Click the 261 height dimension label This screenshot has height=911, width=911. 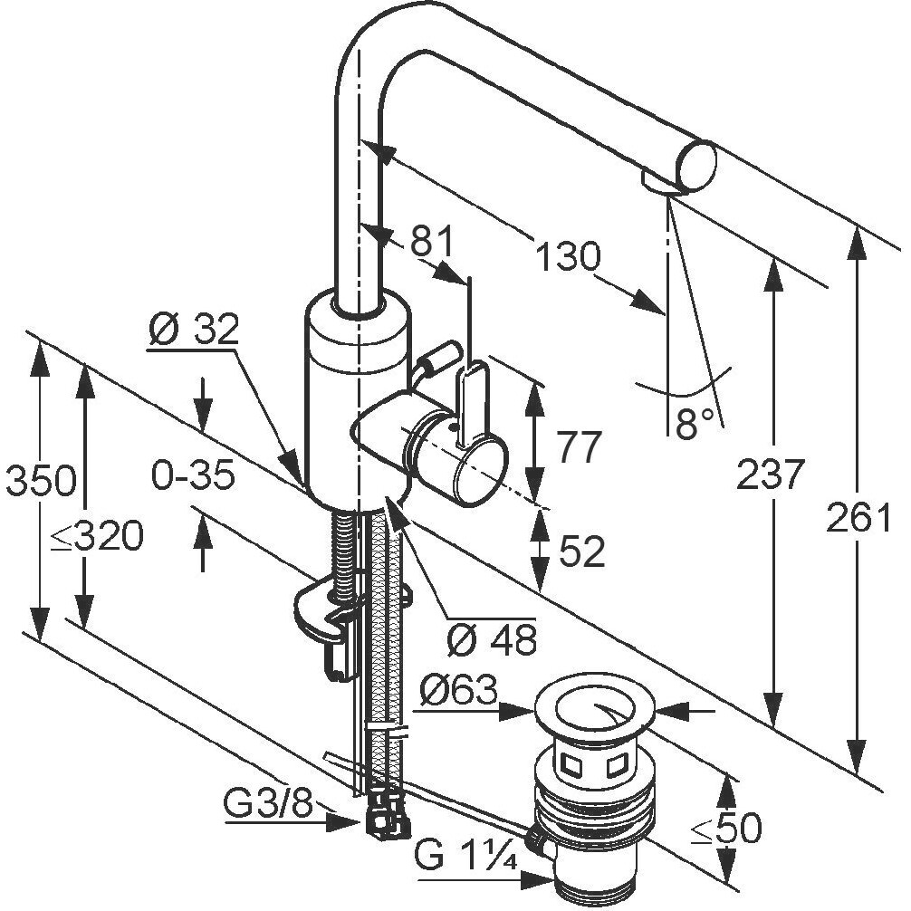858,517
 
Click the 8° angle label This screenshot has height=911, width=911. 695,421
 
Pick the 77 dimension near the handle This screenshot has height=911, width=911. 578,446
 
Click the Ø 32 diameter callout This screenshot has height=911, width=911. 193,330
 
